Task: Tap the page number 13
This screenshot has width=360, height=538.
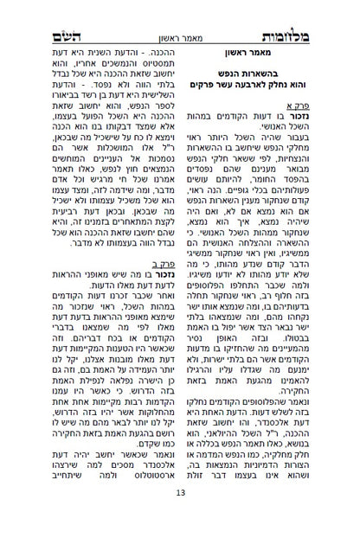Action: point(180,517)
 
